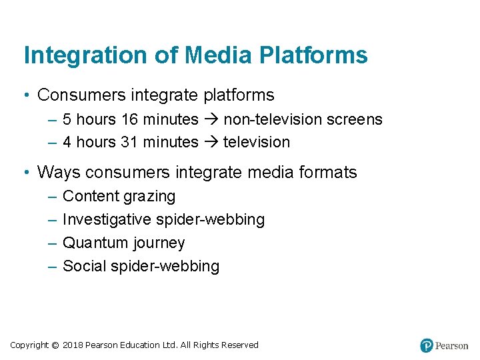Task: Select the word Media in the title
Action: click(x=213, y=55)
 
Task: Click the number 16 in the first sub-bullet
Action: click(x=130, y=120)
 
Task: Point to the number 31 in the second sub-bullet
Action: click(x=130, y=143)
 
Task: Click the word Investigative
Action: click(x=106, y=220)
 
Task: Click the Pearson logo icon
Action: click(x=427, y=345)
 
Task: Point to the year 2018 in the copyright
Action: click(x=73, y=345)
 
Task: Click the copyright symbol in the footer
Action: click(x=55, y=345)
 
